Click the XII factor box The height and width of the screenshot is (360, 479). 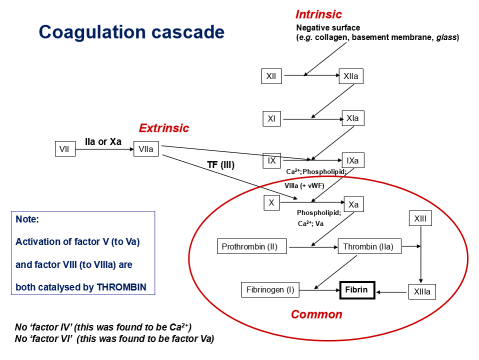tap(271, 76)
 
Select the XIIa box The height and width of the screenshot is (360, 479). tap(350, 76)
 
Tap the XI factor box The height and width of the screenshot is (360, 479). tap(271, 119)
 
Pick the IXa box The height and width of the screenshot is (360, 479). tap(352, 160)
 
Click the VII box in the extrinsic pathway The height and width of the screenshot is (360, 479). tap(64, 149)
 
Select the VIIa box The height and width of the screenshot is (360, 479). tap(146, 149)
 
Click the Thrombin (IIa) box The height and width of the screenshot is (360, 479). tap(369, 246)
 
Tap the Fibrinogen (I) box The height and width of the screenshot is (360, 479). tap(270, 289)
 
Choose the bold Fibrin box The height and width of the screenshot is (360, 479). tap(357, 289)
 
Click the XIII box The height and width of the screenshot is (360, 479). tap(420, 218)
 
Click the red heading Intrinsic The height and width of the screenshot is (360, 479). tap(318, 14)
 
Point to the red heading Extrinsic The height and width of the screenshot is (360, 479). tap(164, 128)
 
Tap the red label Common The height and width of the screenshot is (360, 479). tap(316, 314)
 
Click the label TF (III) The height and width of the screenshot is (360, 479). tap(220, 164)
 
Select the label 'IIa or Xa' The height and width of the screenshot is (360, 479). tap(103, 141)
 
